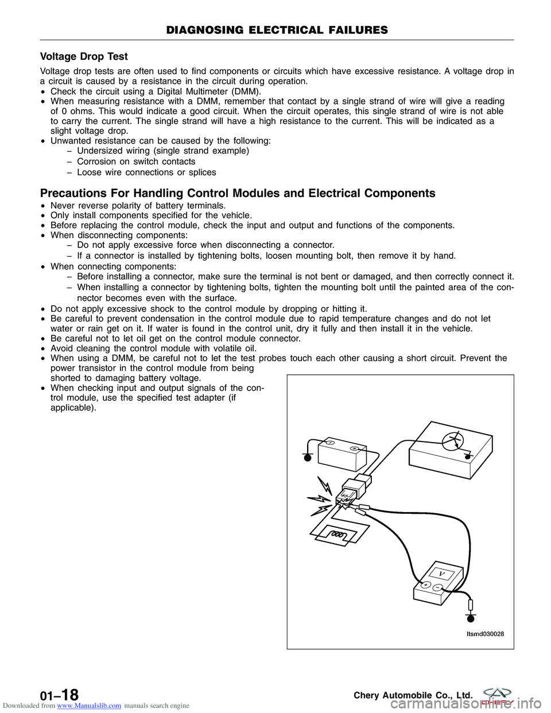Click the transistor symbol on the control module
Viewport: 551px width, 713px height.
(453, 441)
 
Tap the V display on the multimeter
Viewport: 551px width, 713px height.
(441, 573)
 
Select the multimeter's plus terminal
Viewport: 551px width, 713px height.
(426, 585)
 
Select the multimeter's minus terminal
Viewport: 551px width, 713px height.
(437, 588)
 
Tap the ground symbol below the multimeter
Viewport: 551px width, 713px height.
(471, 618)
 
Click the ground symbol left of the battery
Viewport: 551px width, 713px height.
(308, 457)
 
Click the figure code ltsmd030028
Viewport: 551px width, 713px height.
(485, 634)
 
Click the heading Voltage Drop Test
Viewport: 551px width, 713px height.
(84, 56)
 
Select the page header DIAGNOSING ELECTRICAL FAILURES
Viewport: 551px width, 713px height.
(277, 30)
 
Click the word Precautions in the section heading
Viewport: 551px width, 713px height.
(73, 193)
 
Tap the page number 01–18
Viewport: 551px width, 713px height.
(59, 695)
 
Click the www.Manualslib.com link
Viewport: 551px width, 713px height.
(89, 706)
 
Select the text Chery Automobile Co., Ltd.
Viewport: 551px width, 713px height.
(413, 695)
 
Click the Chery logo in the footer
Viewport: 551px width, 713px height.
(497, 695)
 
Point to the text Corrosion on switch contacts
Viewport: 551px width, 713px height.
(136, 161)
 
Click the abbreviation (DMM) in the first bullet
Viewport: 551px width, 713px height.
(246, 91)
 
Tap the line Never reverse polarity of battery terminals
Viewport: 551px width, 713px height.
(138, 206)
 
